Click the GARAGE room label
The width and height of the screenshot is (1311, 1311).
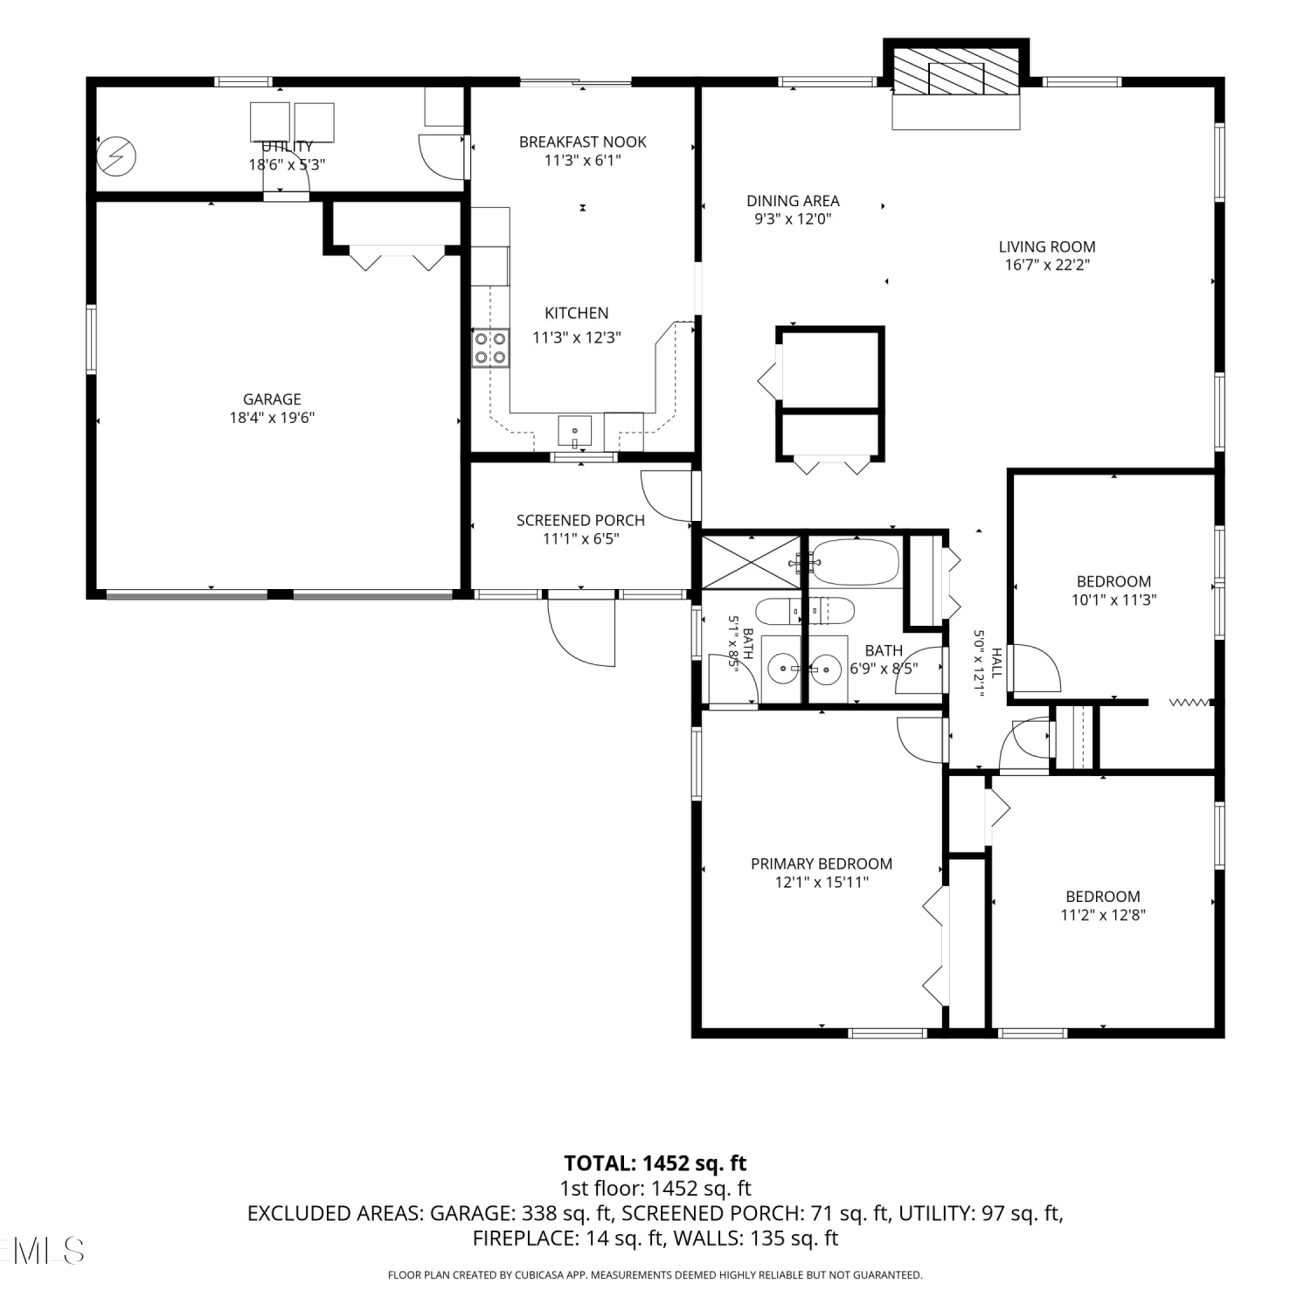tap(272, 399)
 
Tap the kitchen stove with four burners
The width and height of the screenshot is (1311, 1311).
tap(490, 348)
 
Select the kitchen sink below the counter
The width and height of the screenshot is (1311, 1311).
tap(575, 432)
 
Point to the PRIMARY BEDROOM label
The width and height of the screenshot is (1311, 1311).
tap(822, 864)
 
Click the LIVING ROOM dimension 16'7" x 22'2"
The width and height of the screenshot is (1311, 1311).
tap(1047, 266)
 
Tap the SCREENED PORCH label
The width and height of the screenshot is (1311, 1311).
tap(580, 520)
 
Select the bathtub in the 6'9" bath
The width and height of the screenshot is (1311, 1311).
tap(854, 563)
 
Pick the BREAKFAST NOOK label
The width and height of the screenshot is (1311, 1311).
tap(583, 142)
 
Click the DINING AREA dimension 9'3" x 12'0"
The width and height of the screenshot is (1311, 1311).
tap(793, 219)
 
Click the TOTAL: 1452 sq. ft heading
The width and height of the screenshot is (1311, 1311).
tap(655, 1163)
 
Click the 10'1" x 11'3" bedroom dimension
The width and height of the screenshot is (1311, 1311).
tap(1113, 600)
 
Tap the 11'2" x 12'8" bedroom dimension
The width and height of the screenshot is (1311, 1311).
tap(1103, 915)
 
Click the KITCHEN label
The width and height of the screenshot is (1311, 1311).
tap(577, 313)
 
